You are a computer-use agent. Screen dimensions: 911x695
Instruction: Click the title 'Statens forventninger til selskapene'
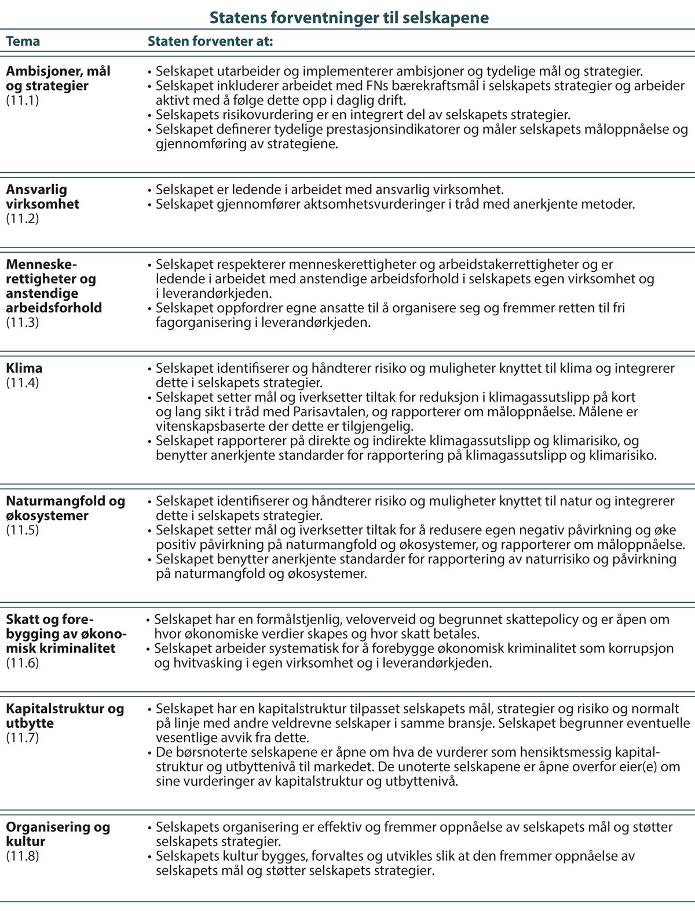(x=349, y=17)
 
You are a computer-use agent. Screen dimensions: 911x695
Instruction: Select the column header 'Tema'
(x=23, y=42)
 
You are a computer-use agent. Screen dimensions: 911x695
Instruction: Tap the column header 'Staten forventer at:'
(x=210, y=42)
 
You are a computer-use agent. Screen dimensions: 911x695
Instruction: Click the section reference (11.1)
(x=23, y=100)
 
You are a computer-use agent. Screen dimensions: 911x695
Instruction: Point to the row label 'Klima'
(x=24, y=368)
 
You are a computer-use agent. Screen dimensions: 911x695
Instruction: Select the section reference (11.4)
(x=23, y=382)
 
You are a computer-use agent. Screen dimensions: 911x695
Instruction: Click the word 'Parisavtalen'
(x=330, y=412)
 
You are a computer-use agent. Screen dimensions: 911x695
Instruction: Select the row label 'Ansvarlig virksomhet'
(x=42, y=196)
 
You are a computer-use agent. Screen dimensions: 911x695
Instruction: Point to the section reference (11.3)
(x=23, y=322)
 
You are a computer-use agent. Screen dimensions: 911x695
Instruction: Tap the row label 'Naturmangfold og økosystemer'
(x=65, y=508)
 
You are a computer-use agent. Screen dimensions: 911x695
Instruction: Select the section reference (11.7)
(x=23, y=738)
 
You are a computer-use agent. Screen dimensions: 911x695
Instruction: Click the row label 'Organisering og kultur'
(x=57, y=834)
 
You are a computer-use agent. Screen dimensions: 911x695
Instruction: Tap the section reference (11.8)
(x=23, y=856)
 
